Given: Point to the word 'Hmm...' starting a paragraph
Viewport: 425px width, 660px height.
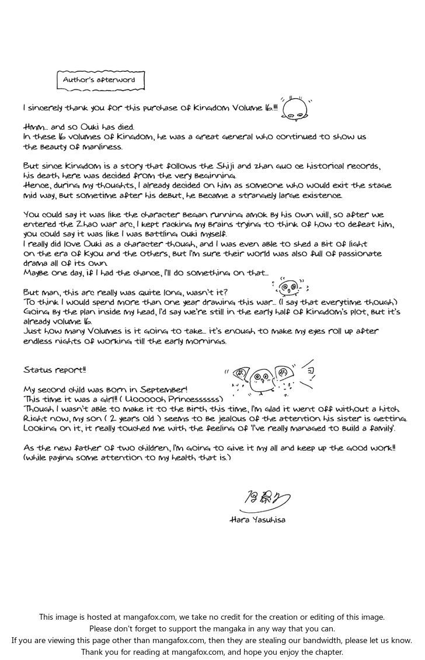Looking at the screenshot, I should click(36, 127).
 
